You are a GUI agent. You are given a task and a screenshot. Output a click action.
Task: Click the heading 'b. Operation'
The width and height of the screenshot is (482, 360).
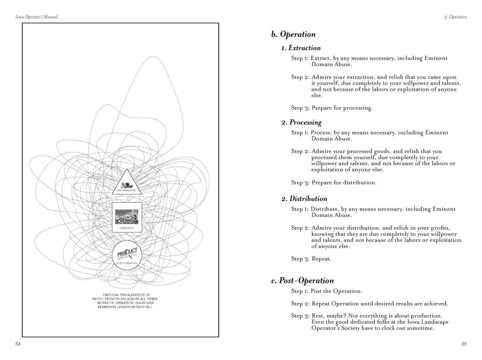tap(293, 34)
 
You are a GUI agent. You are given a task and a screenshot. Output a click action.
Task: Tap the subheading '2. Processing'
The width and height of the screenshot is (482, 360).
tap(302, 122)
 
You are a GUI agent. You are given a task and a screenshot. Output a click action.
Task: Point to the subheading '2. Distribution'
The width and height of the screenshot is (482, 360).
tap(304, 199)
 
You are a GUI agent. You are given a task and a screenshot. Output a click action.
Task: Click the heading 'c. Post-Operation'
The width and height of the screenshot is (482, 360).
tap(303, 281)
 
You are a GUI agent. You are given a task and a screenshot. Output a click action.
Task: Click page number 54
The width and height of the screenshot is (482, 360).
tap(18, 344)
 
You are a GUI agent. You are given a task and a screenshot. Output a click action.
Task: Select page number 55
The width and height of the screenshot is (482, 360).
tap(464, 344)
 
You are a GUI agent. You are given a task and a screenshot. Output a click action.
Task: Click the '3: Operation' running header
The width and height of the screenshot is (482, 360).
tap(455, 17)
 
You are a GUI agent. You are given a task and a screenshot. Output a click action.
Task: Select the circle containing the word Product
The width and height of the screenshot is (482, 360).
tap(127, 254)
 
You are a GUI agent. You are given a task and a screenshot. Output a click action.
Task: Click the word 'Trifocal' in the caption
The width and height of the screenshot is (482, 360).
tap(111, 295)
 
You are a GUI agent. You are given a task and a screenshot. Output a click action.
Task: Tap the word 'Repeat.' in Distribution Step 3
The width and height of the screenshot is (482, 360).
tap(322, 258)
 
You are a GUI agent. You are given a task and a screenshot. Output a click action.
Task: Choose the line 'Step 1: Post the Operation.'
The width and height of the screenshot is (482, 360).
tap(327, 291)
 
